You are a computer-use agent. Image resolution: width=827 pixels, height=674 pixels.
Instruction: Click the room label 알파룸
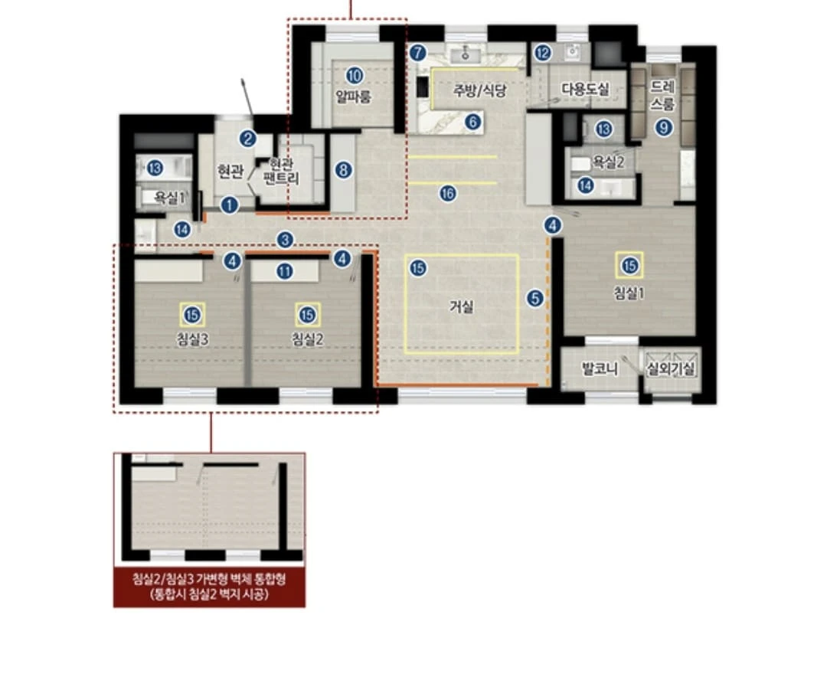[353, 97]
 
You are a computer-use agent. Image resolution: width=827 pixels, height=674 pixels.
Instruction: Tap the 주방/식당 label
[480, 90]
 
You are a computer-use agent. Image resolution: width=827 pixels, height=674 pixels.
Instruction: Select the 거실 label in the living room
[462, 307]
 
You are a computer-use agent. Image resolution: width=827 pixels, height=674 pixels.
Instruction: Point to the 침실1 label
[629, 293]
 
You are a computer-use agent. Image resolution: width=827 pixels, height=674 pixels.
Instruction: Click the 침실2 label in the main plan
[308, 339]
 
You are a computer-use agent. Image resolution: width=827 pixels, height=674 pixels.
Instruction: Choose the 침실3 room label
[192, 339]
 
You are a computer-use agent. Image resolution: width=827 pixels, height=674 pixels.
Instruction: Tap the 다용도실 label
[585, 89]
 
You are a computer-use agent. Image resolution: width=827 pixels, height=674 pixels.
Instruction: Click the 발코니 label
[599, 368]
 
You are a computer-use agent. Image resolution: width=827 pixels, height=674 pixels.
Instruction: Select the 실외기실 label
[671, 368]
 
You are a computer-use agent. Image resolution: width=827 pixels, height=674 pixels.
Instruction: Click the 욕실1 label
[169, 198]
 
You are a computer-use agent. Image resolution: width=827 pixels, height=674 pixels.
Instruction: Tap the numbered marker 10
[355, 75]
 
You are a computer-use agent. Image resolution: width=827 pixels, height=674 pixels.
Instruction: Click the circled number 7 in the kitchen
[417, 53]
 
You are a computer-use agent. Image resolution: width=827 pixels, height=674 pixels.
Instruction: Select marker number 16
[448, 194]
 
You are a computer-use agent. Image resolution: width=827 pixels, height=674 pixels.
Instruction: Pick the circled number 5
[534, 299]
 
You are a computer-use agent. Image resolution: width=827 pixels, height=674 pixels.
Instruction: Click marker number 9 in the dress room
[664, 127]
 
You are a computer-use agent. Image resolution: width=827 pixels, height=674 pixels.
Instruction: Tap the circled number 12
[542, 53]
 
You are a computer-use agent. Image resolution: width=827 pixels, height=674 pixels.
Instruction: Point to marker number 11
[285, 272]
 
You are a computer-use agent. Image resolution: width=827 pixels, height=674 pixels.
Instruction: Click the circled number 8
[343, 170]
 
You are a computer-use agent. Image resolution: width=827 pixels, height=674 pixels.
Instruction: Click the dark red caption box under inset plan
[209, 587]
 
